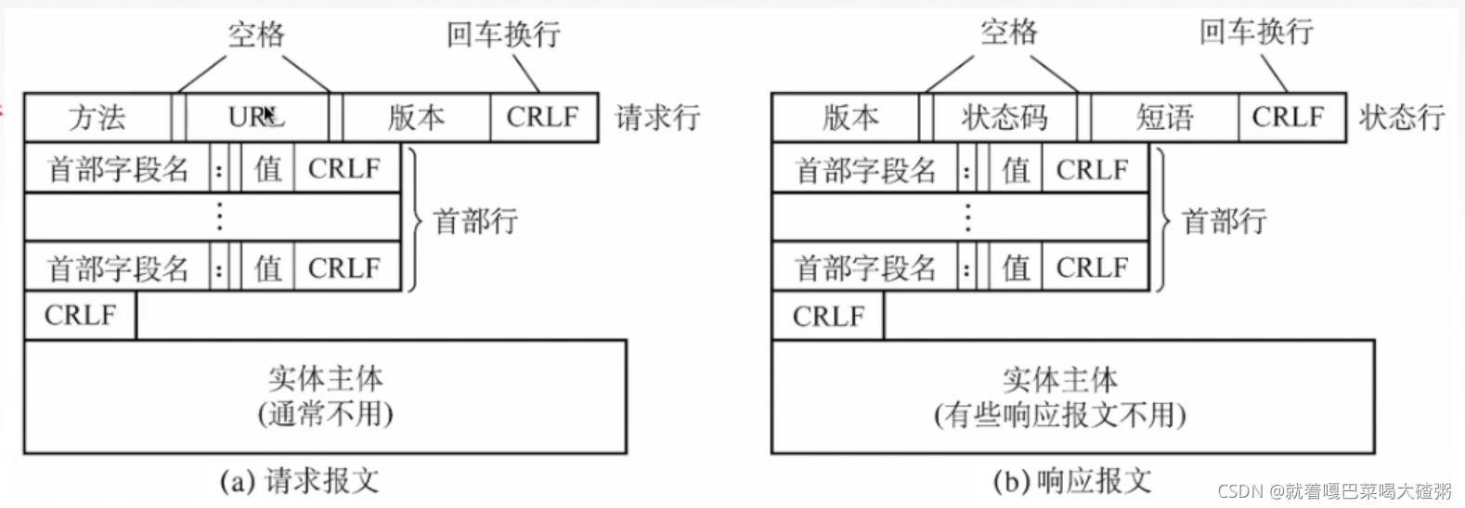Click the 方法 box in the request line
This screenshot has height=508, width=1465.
[x=97, y=118]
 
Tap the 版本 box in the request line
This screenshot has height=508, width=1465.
[x=416, y=118]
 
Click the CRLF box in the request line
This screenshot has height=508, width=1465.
[x=543, y=118]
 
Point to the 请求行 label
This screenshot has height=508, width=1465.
[x=657, y=118]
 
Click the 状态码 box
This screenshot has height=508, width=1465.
[x=1005, y=118]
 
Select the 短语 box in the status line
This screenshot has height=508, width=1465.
[x=1164, y=118]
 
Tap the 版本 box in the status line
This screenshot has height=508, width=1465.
[x=849, y=118]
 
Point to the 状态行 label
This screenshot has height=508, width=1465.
[x=1402, y=118]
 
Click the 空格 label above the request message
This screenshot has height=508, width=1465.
[x=256, y=35]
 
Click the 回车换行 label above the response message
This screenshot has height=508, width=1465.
[x=1256, y=33]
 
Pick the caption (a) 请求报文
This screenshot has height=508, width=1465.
[x=299, y=481]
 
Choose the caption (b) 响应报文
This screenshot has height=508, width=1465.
[x=1071, y=481]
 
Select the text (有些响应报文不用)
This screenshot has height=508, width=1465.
[x=1059, y=414]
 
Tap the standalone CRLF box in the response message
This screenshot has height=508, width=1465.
[x=828, y=317]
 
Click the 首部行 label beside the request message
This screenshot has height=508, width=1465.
[x=475, y=221]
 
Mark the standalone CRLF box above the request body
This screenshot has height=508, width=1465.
[x=80, y=316]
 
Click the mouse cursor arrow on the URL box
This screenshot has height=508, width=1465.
[x=268, y=114]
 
